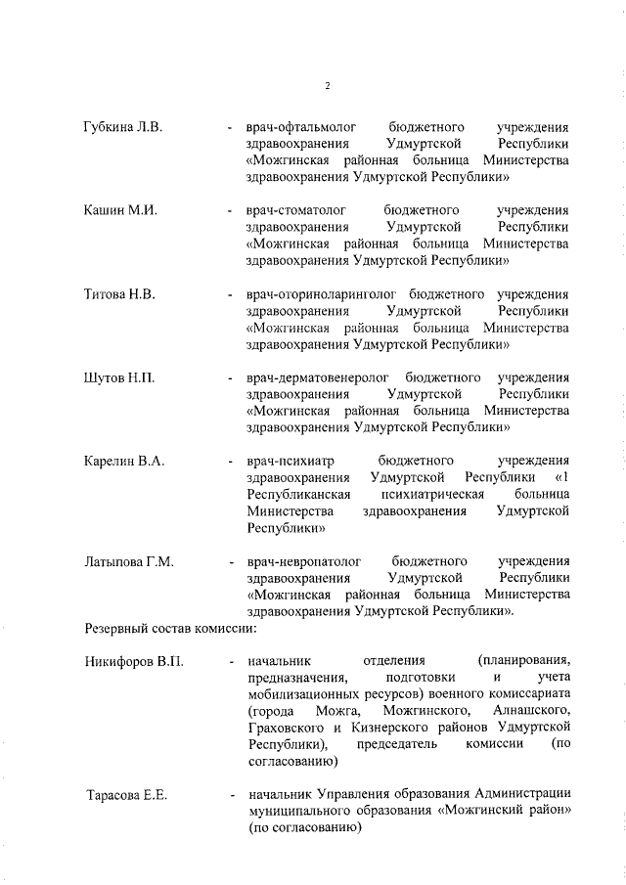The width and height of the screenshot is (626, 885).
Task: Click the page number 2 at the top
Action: (x=328, y=86)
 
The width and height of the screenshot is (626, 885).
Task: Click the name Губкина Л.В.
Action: (x=123, y=128)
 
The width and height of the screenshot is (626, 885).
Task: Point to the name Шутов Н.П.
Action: (x=119, y=376)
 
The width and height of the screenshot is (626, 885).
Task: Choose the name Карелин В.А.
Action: (x=123, y=460)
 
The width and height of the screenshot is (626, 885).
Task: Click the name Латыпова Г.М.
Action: (x=128, y=561)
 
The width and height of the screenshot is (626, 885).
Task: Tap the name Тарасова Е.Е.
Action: (x=127, y=796)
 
